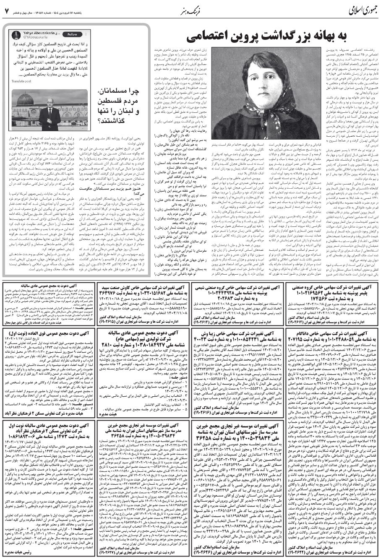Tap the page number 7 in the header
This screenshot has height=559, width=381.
(x=7, y=10)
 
